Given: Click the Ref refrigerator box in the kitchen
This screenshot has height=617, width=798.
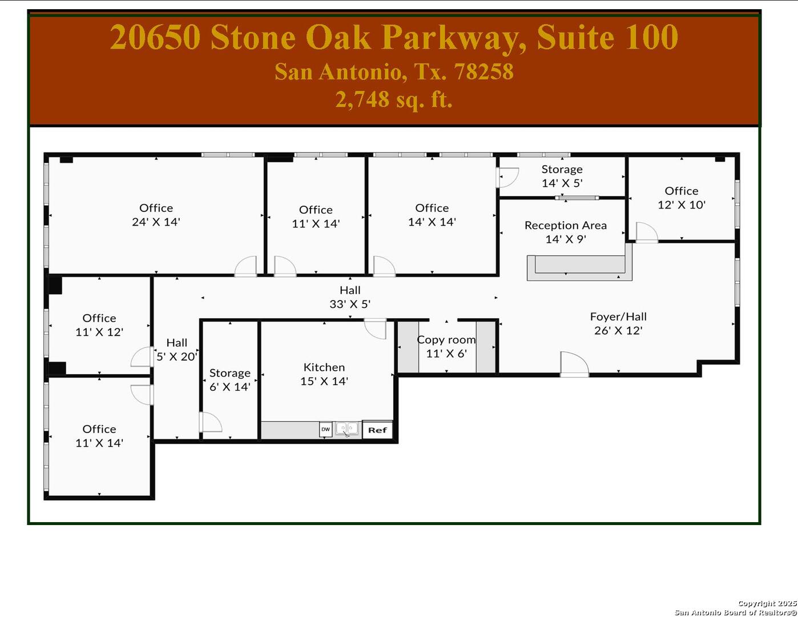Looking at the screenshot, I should pos(377,430).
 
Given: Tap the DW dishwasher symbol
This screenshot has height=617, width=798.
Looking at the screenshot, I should pos(325,429).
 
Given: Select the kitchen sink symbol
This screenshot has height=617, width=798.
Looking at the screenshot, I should pos(347,428).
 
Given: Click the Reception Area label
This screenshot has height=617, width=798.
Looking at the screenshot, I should pos(565,226).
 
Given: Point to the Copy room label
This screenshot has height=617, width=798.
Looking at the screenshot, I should pos(446,340).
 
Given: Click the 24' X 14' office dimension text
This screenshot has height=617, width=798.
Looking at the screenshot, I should pos(156,222).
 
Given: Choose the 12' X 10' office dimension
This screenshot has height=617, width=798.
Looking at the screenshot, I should pos(682,205).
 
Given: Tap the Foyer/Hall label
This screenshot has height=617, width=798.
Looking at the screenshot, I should pos(618,316).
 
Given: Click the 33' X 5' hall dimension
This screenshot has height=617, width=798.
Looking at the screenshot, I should pos(350,305).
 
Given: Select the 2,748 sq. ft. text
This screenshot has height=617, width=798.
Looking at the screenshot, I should pos(394,100).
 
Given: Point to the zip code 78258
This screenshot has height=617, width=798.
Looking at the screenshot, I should pos(483,72).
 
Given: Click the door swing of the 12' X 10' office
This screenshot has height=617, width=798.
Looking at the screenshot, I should pos(646,232).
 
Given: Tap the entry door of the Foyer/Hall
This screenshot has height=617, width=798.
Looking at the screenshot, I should pos(574,364).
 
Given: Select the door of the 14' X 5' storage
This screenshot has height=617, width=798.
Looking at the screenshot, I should pos(507,177).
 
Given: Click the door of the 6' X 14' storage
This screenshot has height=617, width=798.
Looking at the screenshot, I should pos(209,422).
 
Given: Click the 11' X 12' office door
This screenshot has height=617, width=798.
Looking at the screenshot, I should pos(142,356).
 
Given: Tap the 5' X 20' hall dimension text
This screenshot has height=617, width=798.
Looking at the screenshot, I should pos(177,356).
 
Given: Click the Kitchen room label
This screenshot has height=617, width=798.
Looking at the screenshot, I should pos(324,367).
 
